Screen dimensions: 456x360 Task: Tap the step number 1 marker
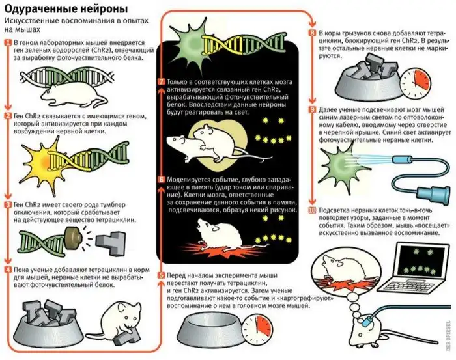8,43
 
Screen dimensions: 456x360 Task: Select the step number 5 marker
161,275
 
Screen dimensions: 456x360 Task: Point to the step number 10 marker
312,210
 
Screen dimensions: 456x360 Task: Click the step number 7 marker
161,81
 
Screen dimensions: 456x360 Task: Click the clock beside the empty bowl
257,329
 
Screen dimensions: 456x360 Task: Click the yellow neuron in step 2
44,160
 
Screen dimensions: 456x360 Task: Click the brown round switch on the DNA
73,238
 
